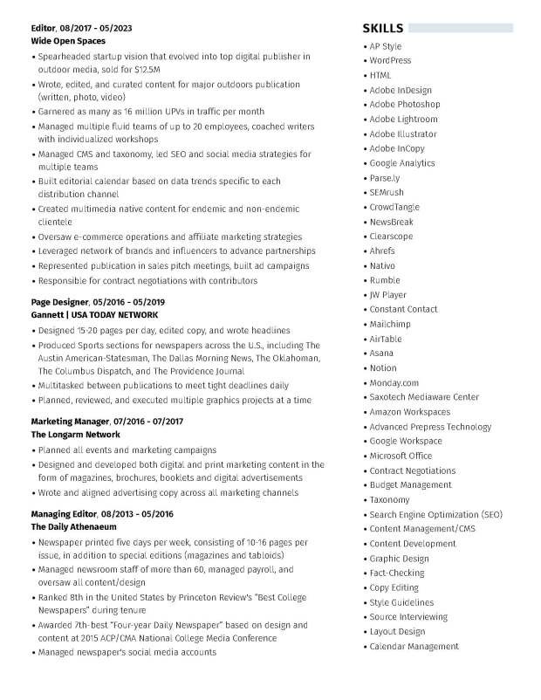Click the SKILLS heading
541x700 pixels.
tap(383, 28)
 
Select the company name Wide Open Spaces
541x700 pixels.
tap(68, 41)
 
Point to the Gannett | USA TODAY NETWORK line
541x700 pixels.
tap(94, 314)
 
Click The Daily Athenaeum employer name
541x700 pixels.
tap(73, 527)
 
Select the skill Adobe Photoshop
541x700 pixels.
tap(404, 105)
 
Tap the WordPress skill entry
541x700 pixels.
tap(390, 61)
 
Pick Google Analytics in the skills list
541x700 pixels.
tap(401, 163)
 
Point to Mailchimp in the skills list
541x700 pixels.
tap(389, 324)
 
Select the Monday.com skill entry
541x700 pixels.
tap(394, 382)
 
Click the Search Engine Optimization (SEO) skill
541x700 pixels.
tap(435, 514)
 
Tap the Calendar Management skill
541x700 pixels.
tap(414, 646)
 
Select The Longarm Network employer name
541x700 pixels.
tap(75, 434)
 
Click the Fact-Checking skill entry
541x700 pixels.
tap(396, 573)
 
